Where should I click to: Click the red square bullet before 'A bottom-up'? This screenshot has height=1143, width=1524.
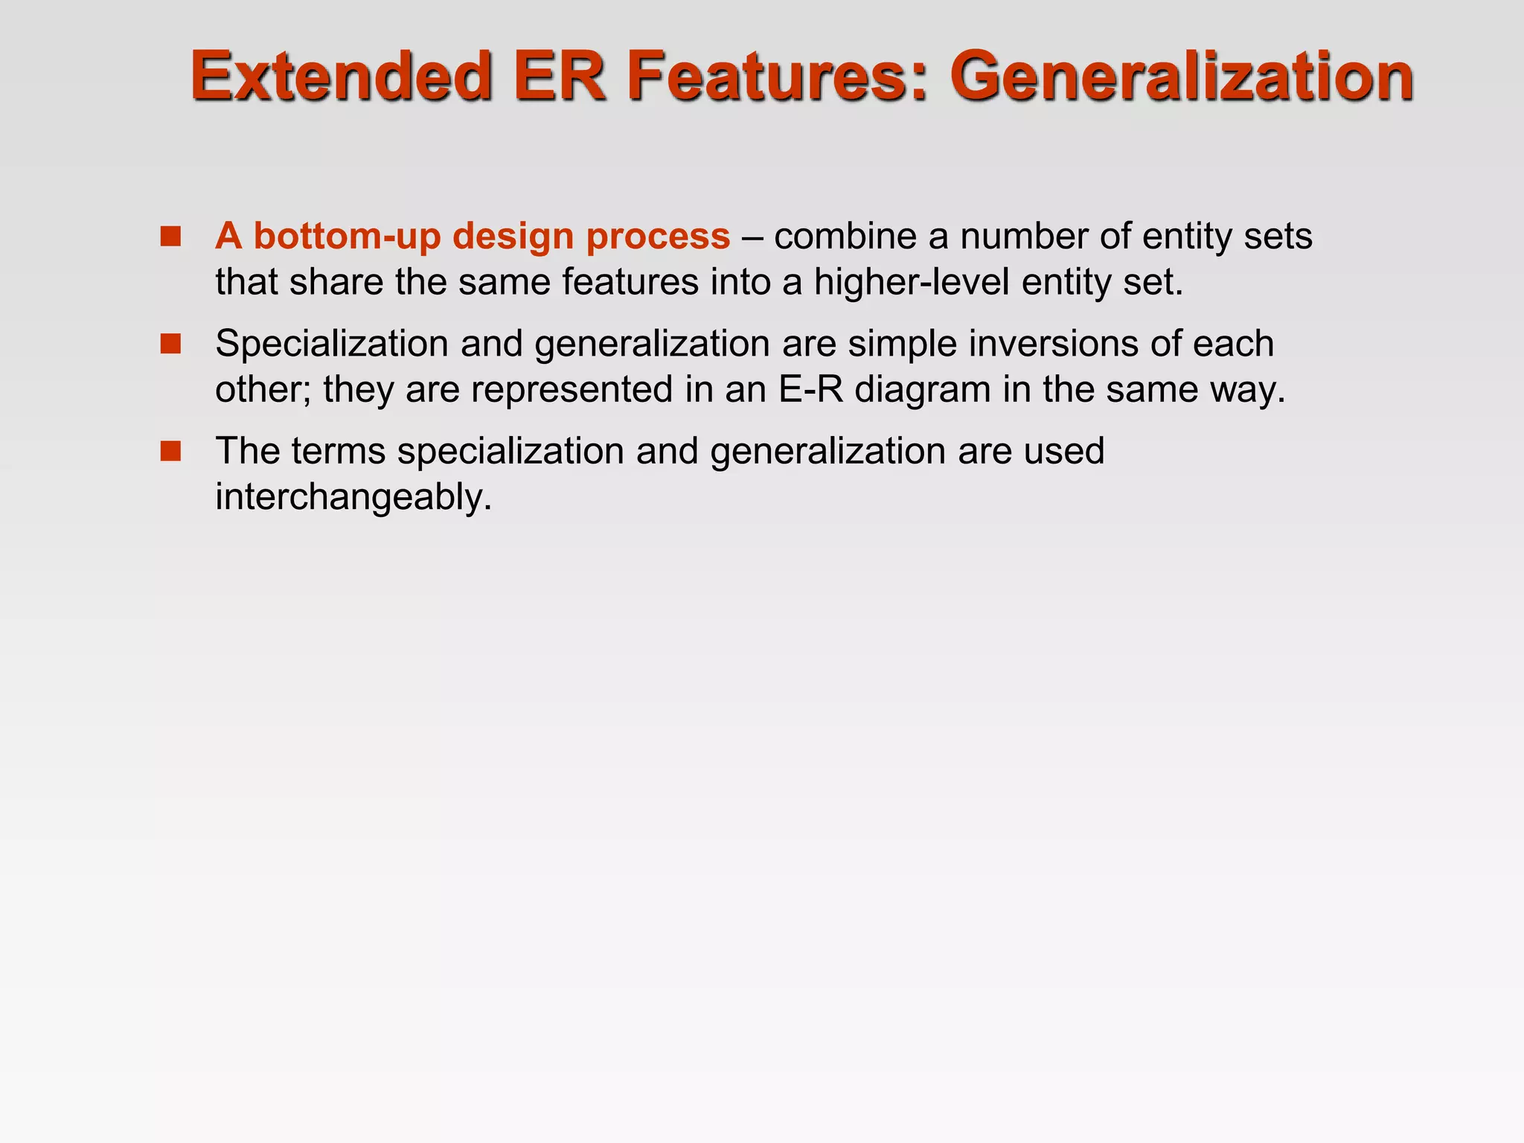click(170, 237)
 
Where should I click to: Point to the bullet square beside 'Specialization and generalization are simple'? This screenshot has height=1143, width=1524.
click(170, 344)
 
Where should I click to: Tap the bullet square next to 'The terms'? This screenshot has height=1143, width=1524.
click(170, 451)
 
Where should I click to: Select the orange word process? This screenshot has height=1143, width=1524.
click(658, 237)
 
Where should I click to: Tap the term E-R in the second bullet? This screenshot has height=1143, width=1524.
click(810, 389)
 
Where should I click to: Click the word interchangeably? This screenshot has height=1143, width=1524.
click(353, 496)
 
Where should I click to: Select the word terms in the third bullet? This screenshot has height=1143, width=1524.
click(339, 451)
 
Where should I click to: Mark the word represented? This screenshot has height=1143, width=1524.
click(572, 389)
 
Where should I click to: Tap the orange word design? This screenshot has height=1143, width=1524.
click(513, 237)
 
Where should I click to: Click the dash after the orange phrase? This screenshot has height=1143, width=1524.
click(752, 237)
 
